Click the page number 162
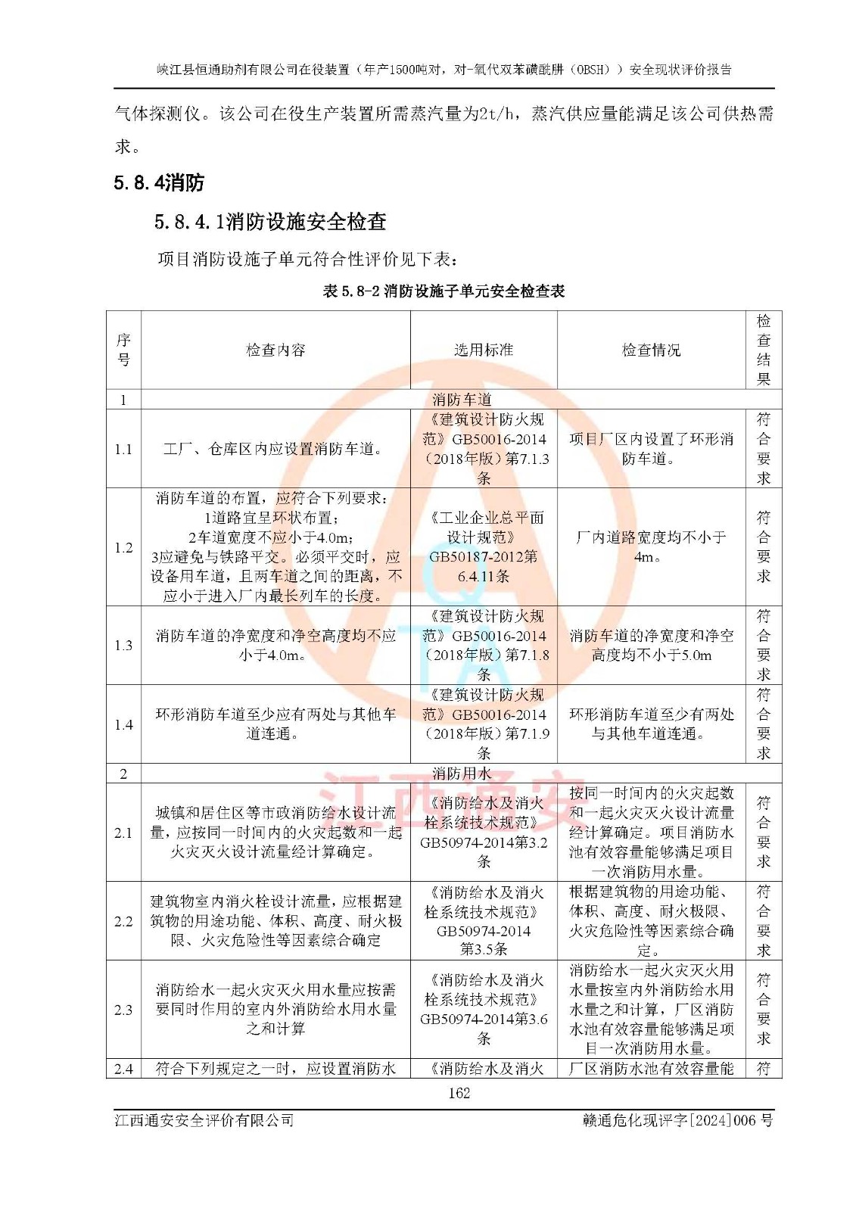(x=459, y=1093)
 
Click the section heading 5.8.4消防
(x=159, y=182)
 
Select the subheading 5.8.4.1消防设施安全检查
(x=270, y=222)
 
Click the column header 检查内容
(x=275, y=350)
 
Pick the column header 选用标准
(x=484, y=350)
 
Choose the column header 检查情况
(x=651, y=350)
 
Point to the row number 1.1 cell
(x=123, y=449)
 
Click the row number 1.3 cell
(x=123, y=646)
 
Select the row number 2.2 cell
(x=123, y=921)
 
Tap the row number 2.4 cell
(x=123, y=1069)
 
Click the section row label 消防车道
(x=462, y=399)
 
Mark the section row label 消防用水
(x=462, y=773)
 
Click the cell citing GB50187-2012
(x=484, y=546)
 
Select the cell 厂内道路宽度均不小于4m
(x=651, y=546)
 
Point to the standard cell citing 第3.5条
(x=484, y=921)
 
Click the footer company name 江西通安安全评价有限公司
(x=204, y=1120)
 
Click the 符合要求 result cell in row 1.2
(x=763, y=546)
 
